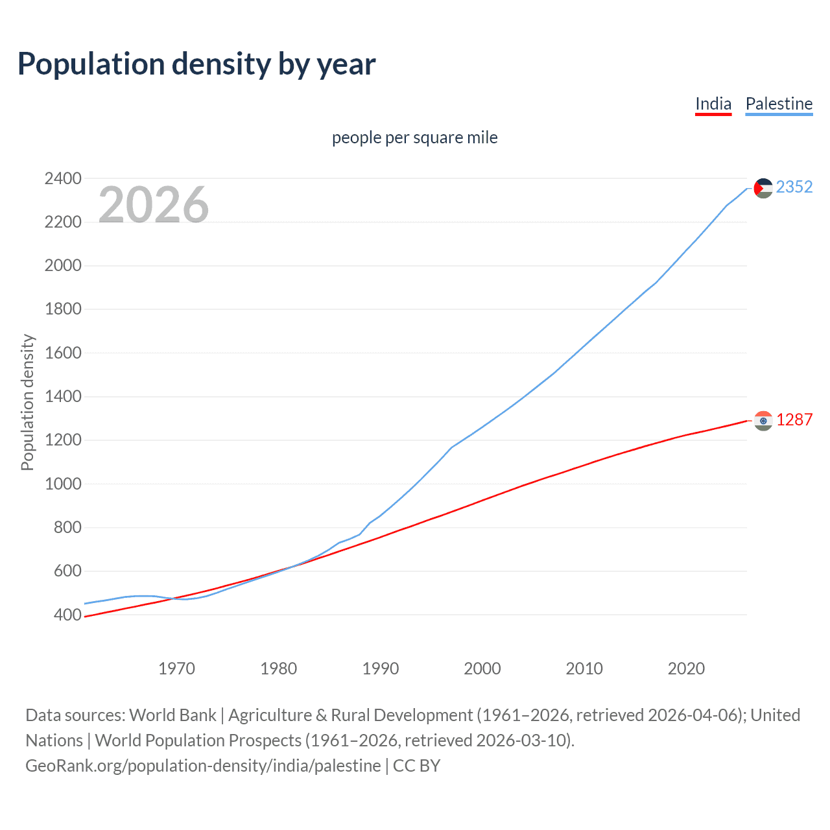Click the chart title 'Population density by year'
(196, 64)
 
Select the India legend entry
(713, 104)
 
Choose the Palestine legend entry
(779, 104)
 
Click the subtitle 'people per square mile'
(414, 138)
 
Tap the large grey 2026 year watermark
(154, 205)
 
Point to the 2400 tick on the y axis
(63, 178)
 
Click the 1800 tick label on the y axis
(63, 309)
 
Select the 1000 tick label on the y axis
(63, 484)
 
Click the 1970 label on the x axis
(176, 669)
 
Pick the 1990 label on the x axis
(381, 669)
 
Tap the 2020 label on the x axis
(686, 669)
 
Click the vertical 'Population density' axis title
(27, 402)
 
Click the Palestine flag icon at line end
(763, 188)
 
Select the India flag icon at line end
(763, 421)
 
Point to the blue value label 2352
(794, 187)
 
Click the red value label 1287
(794, 420)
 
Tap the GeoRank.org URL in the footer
(203, 766)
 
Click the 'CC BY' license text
(416, 766)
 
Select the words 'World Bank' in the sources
(172, 715)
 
